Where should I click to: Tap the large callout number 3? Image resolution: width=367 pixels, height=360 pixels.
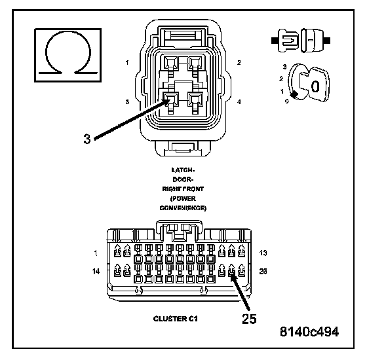87,139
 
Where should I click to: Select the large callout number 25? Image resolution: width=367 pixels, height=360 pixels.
249,319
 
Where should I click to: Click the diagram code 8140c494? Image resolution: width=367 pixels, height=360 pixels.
309,331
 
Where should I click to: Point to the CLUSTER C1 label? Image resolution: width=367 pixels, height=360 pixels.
176,319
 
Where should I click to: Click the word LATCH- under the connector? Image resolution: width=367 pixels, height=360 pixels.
183,170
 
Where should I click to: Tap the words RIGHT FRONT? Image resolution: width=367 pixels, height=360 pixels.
183,189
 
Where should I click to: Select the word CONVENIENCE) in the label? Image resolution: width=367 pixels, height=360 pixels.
183,208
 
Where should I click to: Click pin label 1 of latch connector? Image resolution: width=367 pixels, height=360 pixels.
127,63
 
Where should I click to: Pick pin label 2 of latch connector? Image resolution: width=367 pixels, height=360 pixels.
239,63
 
